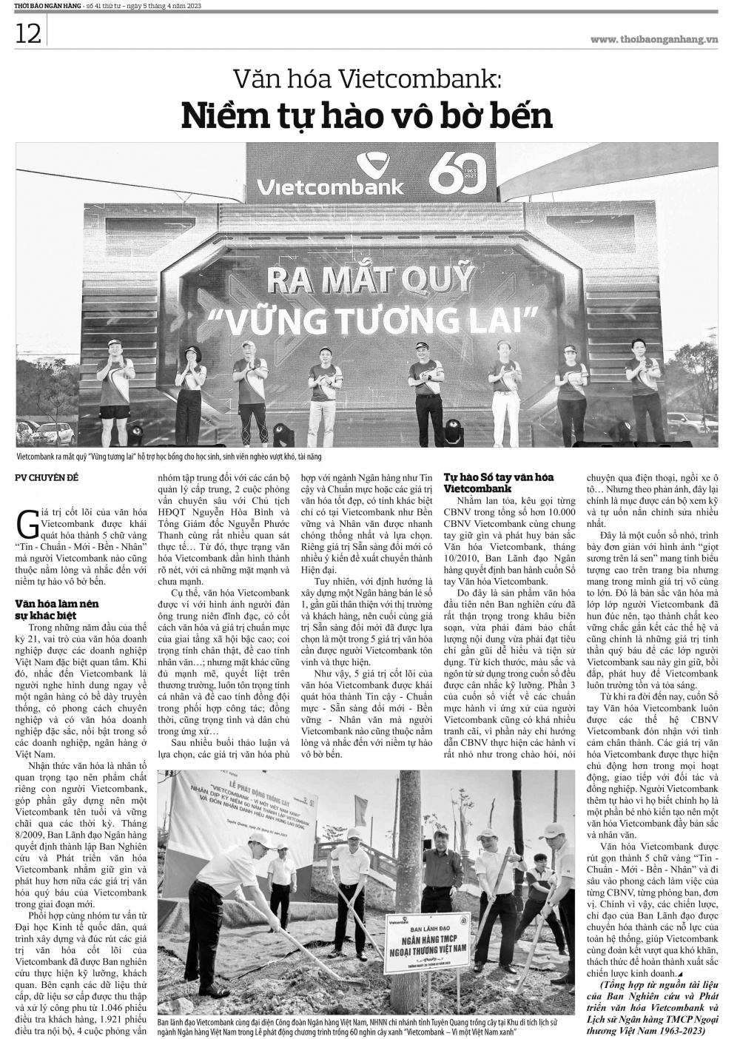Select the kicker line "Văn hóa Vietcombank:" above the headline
click(368, 78)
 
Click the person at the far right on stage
click(641, 381)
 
